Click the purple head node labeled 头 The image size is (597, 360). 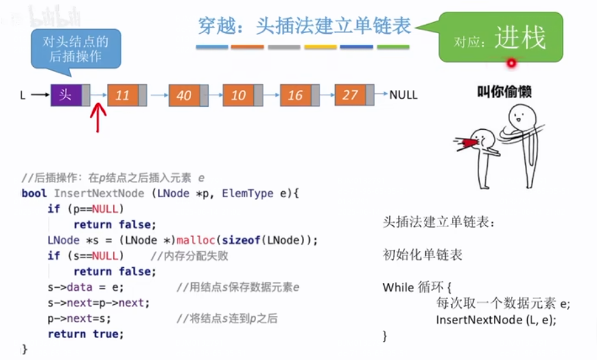(66, 95)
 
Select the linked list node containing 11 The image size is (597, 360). (123, 95)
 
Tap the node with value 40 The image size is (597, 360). (184, 95)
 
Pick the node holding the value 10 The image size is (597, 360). (239, 95)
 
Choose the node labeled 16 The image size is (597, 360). (295, 95)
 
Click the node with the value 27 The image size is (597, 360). (350, 95)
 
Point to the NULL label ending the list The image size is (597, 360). (403, 95)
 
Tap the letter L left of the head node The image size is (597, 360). (23, 95)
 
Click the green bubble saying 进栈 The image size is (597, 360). (501, 38)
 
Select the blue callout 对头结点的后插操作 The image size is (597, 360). (76, 49)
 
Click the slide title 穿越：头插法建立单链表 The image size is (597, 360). (304, 26)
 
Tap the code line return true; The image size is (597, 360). (85, 334)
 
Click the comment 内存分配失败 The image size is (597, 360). (189, 256)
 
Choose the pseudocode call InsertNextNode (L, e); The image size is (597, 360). (496, 320)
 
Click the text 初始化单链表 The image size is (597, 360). (423, 255)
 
